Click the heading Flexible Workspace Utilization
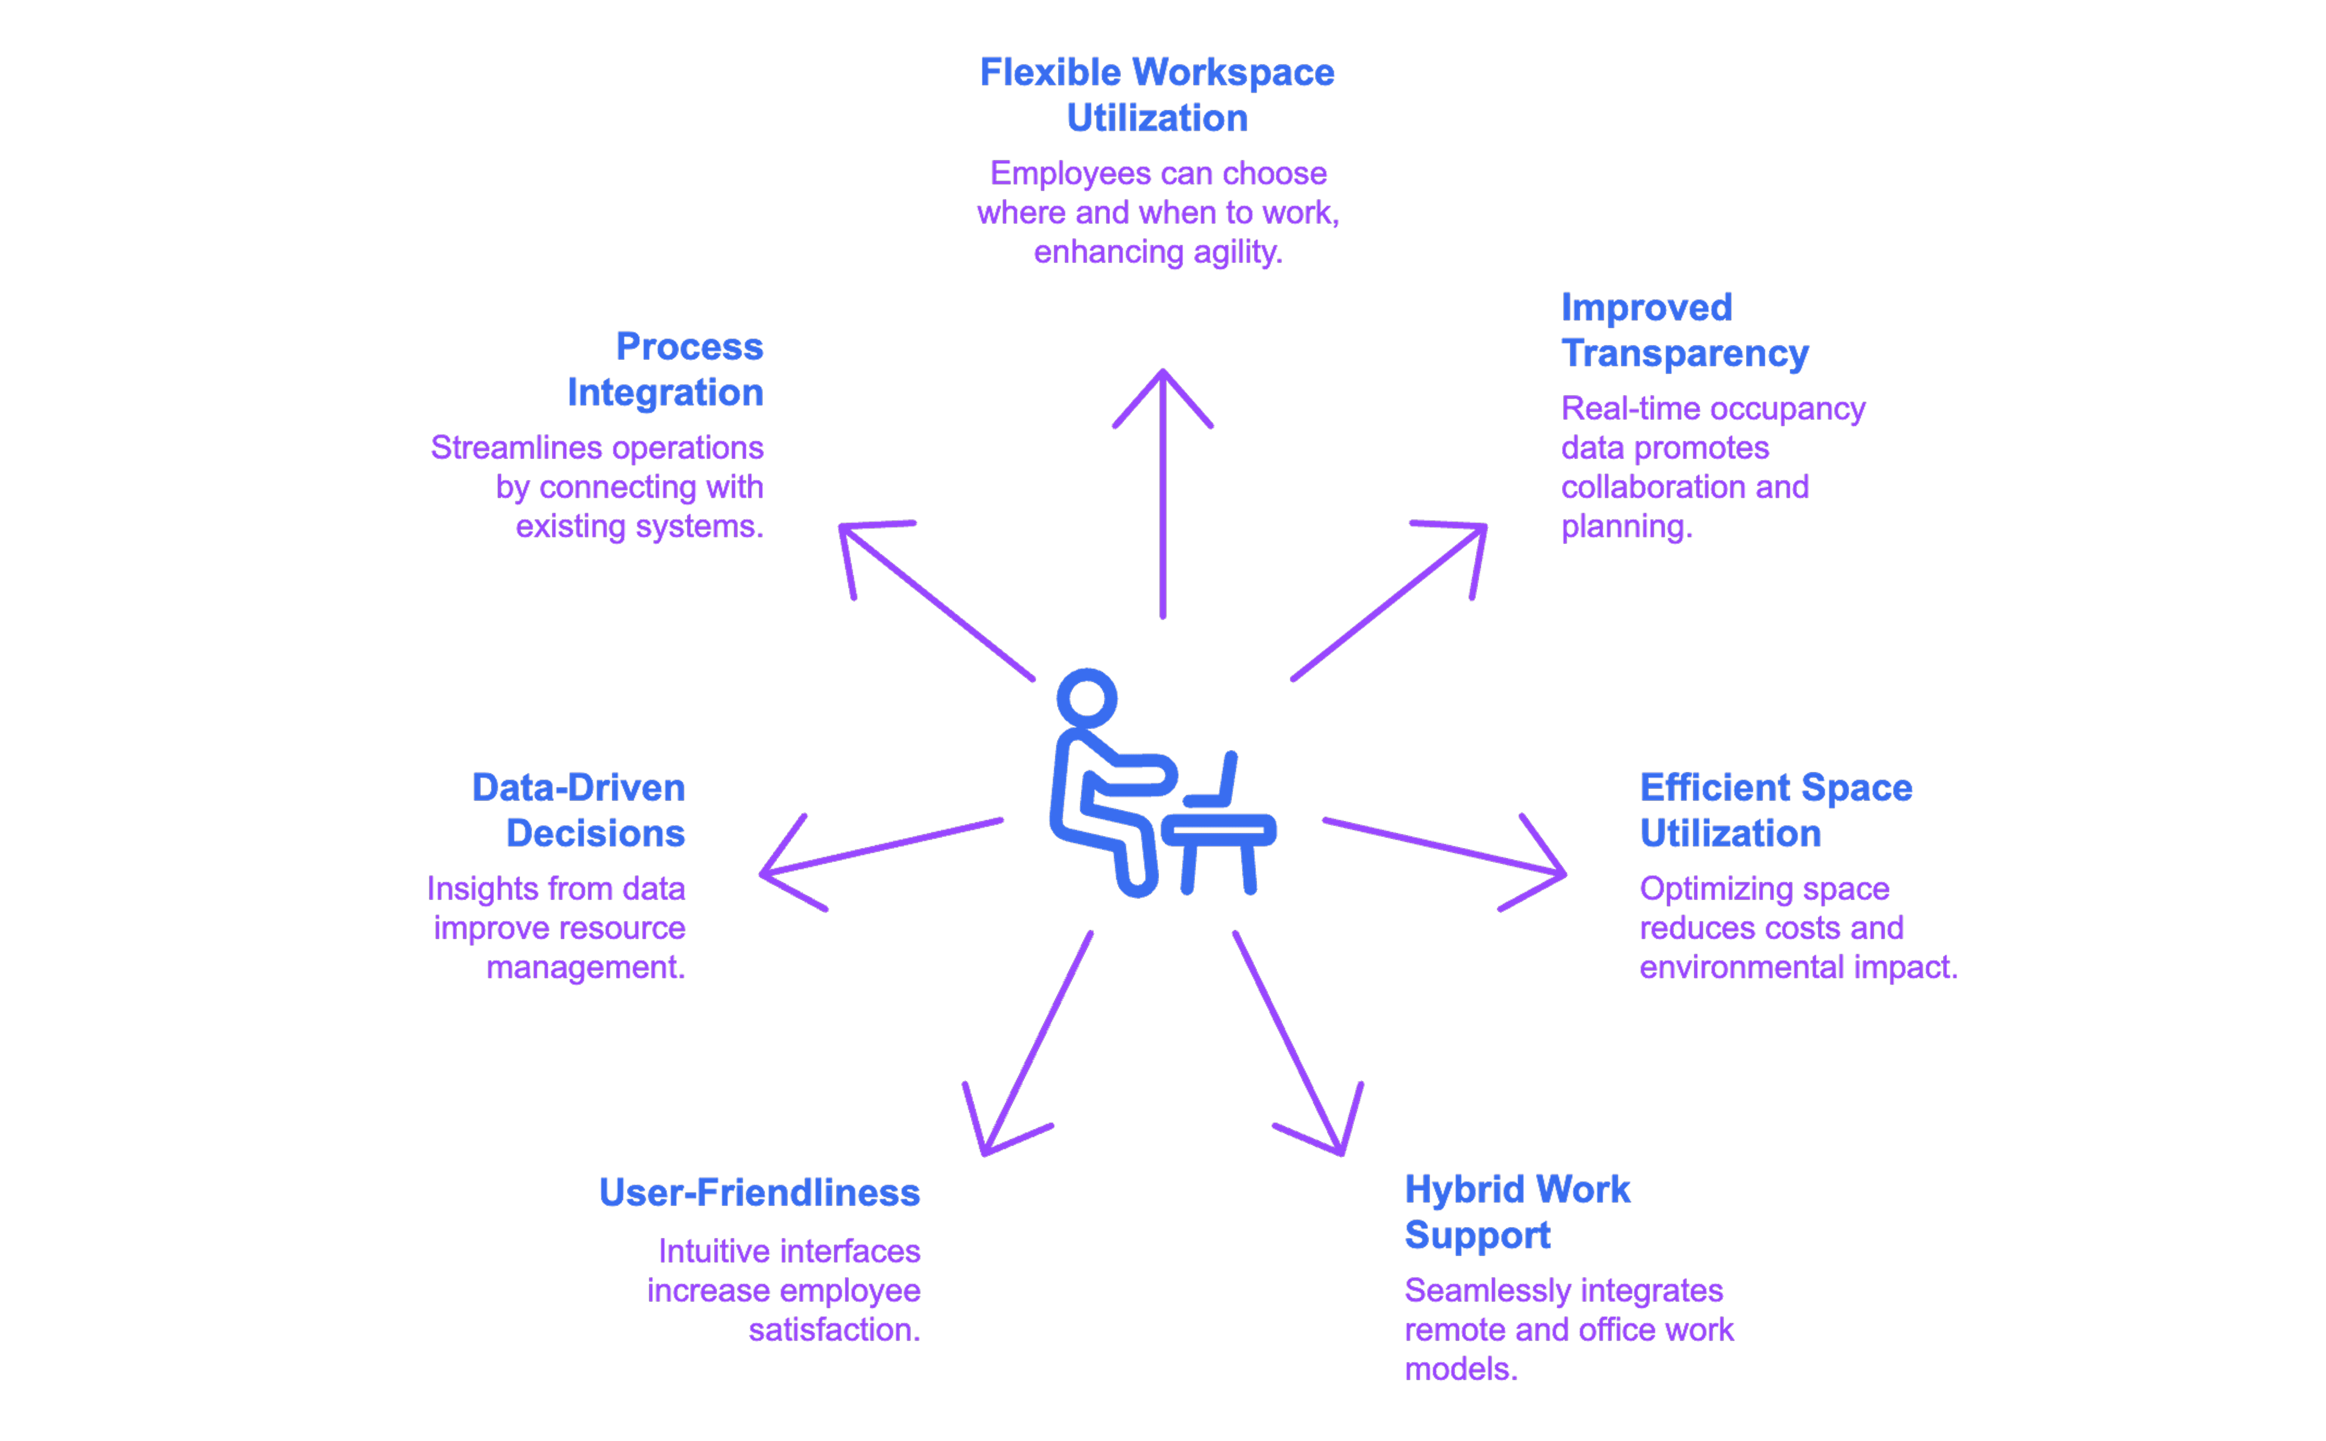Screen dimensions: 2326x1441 pos(1157,95)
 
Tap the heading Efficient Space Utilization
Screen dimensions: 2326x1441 pos(1775,810)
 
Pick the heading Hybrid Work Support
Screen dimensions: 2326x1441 pos(1517,1211)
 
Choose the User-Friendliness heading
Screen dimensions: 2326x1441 pos(760,1192)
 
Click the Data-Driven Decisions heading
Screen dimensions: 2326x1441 pos(578,810)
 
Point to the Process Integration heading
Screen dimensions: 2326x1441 pos(665,369)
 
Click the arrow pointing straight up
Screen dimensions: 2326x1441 pos(1163,494)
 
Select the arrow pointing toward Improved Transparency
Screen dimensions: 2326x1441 pos(1388,601)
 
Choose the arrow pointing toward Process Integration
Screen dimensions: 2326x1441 pos(937,601)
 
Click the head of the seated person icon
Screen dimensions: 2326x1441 pos(1086,698)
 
